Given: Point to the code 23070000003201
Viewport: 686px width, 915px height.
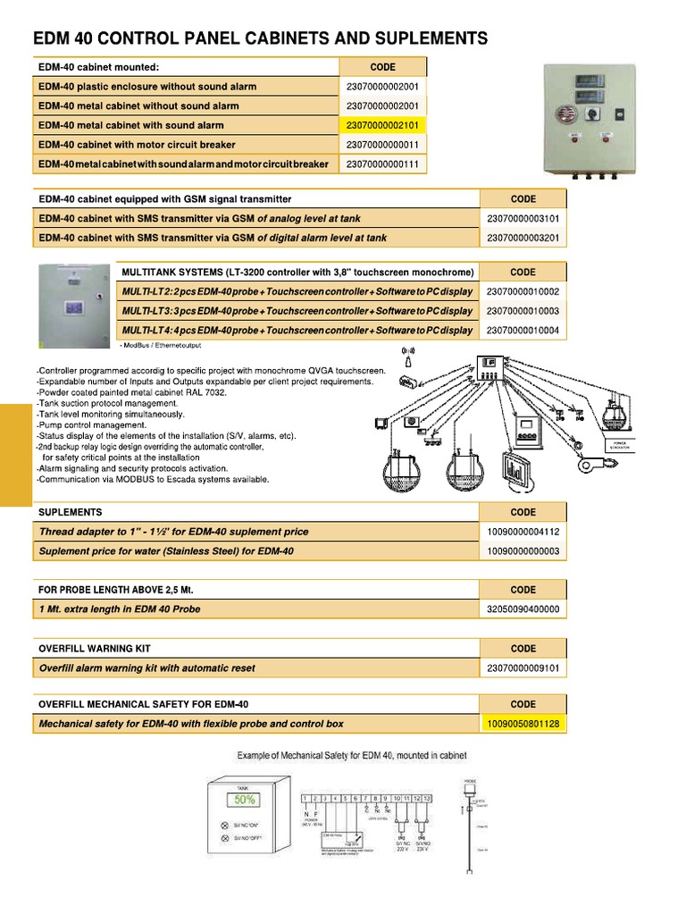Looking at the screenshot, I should pos(523,239).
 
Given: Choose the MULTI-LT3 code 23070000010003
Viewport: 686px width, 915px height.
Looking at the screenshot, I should pos(523,311).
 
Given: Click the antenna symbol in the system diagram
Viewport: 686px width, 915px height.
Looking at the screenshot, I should pos(409,356).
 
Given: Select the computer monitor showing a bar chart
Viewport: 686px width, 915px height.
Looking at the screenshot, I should pos(515,469).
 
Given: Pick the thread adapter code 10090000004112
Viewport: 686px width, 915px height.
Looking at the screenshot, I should pos(523,532).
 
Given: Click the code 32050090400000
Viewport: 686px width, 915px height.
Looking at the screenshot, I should pos(523,609).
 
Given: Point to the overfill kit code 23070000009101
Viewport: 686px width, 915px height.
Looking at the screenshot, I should pos(523,668).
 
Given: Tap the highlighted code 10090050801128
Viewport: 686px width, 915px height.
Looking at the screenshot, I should pos(523,724).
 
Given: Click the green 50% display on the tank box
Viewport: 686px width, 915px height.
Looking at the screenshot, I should pos(246,800).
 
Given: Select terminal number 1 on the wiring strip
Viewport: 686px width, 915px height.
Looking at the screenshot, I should pos(306,796).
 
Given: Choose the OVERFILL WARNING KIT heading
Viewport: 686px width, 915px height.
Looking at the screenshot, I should pos(87,649).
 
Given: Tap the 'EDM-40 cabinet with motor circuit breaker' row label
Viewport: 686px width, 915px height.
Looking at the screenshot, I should pos(137,145).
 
